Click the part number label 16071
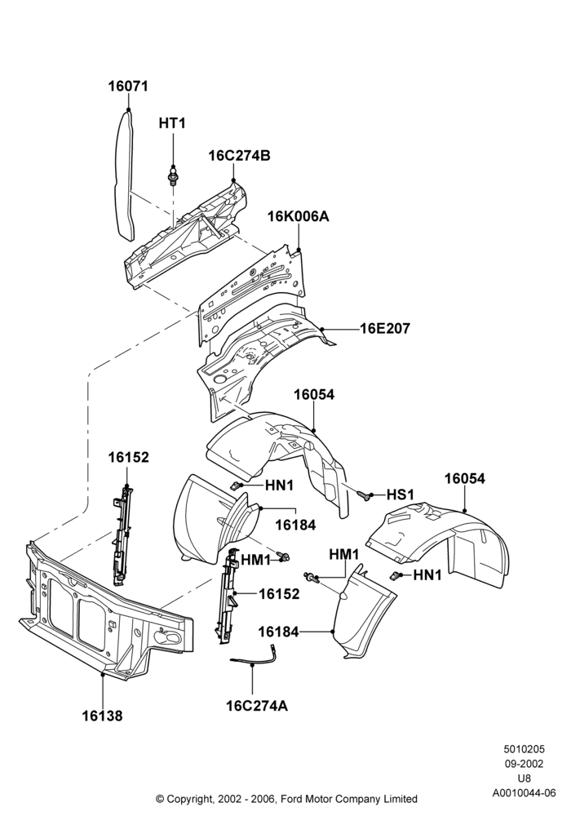pos(128,86)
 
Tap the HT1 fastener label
pos(171,123)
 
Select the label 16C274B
pos(240,156)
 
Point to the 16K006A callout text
pos(299,216)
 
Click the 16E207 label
pos(385,329)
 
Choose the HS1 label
pos(400,494)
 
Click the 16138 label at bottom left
pos(103,716)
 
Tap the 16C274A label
pos(257,706)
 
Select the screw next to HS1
pos(365,494)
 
